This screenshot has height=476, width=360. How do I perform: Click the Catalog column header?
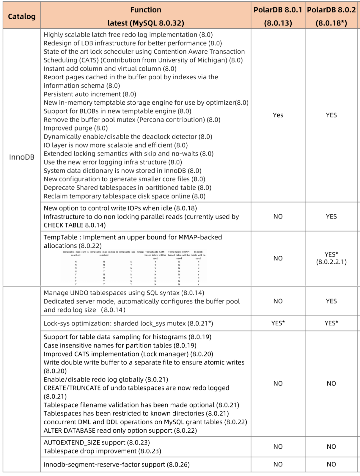coord(22,16)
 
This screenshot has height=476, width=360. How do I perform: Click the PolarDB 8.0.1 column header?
coord(278,10)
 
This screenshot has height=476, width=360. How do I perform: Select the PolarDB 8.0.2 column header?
coord(331,10)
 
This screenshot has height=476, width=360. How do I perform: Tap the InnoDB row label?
coord(22,157)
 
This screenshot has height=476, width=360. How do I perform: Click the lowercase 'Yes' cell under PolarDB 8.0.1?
coord(278,115)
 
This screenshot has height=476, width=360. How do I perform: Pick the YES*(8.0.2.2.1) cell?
coord(331,258)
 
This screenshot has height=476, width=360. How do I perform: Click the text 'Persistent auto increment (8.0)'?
coord(90,94)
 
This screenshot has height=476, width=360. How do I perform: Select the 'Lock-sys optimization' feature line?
coord(128,323)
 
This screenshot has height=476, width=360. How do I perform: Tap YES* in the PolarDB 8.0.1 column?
coord(278,323)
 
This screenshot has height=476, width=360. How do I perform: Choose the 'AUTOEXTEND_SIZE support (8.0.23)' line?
coord(97,443)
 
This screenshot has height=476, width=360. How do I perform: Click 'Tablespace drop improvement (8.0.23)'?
coord(102,451)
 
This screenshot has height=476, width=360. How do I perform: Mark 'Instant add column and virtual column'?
coord(110,69)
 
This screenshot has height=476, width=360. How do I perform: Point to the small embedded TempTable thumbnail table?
coord(133,267)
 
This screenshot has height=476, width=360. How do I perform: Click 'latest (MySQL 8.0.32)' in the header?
coord(146,23)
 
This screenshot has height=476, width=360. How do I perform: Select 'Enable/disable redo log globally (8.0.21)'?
coord(106,380)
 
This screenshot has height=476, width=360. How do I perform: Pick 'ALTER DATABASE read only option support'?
coord(120,431)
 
